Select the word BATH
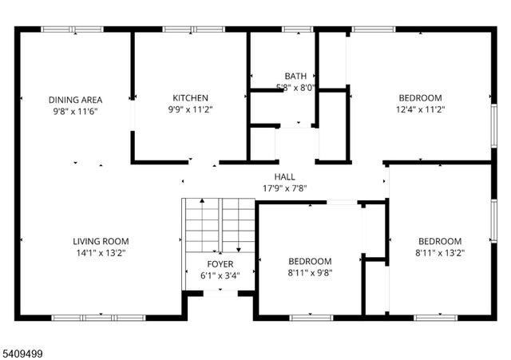pos(295,77)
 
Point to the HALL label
pos(284,177)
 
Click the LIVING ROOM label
pos(101,241)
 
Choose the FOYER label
pos(220,264)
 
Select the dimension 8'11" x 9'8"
pos(310,272)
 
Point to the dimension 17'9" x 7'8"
pos(284,188)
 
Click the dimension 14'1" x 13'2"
pos(101,252)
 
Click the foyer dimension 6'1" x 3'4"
pos(220,275)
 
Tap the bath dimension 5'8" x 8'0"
pos(295,87)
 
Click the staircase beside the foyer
pos(219,227)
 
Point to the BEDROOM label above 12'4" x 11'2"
pos(420,98)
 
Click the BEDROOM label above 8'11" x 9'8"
pos(310,261)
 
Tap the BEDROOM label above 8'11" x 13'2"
pos(440,241)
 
